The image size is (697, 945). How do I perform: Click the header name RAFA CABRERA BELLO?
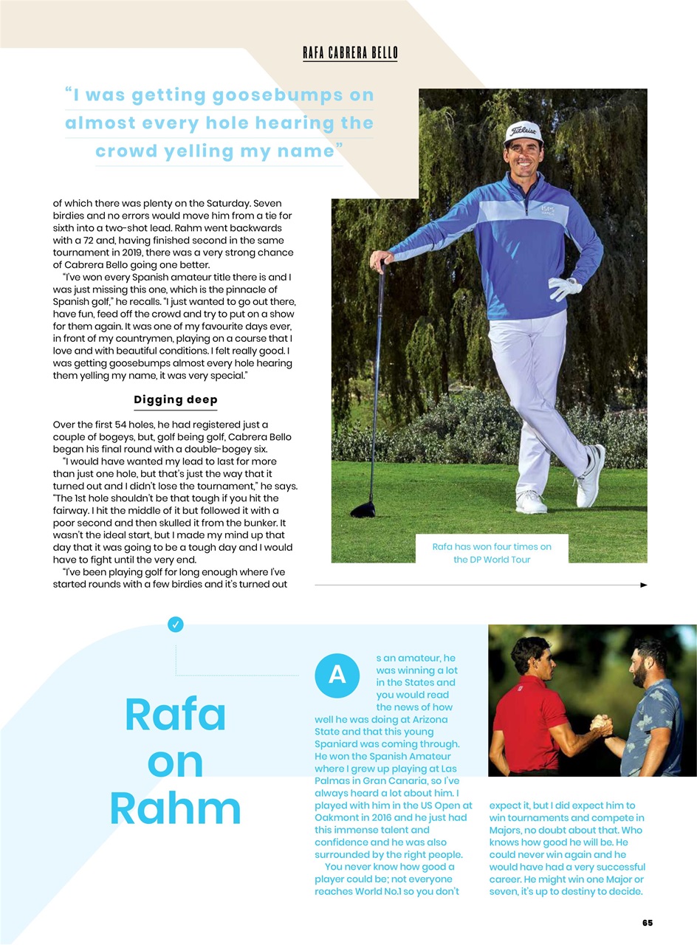click(x=350, y=52)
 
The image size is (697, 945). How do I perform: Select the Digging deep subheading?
click(x=176, y=400)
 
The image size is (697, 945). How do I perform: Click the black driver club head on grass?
click(x=363, y=509)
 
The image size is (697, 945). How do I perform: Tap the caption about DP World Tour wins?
click(x=492, y=553)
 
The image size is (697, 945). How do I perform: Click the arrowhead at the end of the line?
click(x=643, y=585)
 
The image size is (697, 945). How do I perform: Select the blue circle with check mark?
click(x=176, y=625)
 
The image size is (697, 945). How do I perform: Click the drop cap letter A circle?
click(x=337, y=676)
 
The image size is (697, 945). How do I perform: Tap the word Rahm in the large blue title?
click(x=176, y=809)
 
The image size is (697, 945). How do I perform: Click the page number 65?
click(x=647, y=923)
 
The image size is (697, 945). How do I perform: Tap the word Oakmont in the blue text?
click(x=338, y=818)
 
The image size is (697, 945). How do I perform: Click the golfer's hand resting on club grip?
click(x=382, y=259)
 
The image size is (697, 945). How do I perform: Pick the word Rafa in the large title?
click(x=176, y=715)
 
